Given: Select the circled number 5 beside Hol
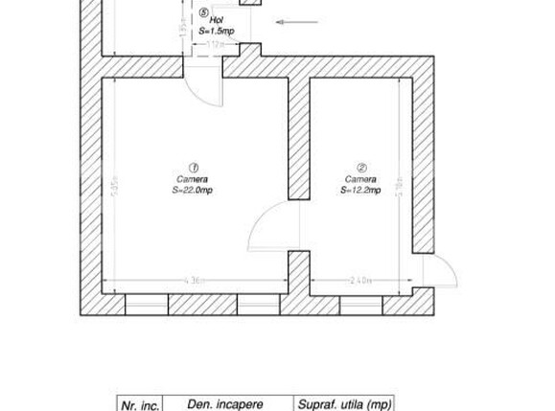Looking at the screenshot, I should pos(204,14).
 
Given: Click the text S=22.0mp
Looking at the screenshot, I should pos(193,190).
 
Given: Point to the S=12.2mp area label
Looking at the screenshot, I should pos(361,190).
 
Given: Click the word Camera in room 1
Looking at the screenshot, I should pos(193,179).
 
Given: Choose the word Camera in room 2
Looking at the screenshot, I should pos(361,179).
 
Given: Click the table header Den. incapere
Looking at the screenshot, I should pos(225,404).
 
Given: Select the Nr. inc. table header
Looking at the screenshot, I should pos(140,404).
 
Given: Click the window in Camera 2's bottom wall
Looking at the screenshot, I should pos(359,305).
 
